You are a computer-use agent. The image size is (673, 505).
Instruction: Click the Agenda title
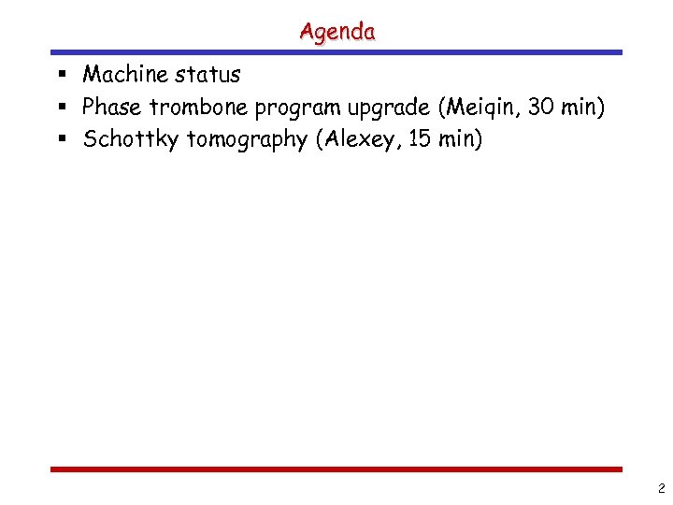pyautogui.click(x=337, y=31)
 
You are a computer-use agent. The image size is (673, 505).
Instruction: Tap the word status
pyautogui.click(x=207, y=74)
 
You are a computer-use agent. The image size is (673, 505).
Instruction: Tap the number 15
pyautogui.click(x=417, y=140)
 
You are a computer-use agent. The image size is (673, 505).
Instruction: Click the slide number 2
pyautogui.click(x=661, y=487)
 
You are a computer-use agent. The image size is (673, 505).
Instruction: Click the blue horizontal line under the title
pyautogui.click(x=336, y=52)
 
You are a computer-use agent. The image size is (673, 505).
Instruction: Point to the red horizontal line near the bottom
pyautogui.click(x=336, y=469)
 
